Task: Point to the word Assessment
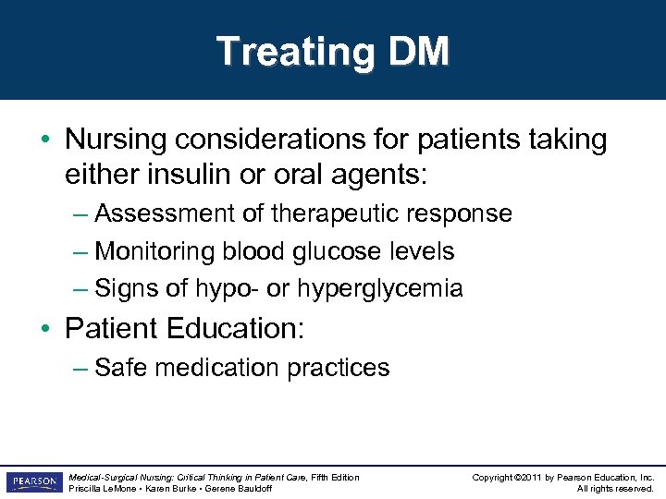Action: pos(166,213)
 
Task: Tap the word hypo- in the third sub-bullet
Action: pos(226,289)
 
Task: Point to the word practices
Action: pos(339,368)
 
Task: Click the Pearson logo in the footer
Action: pos(33,482)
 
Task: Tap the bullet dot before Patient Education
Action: pos(46,329)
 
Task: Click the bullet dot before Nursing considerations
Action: pos(46,141)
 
